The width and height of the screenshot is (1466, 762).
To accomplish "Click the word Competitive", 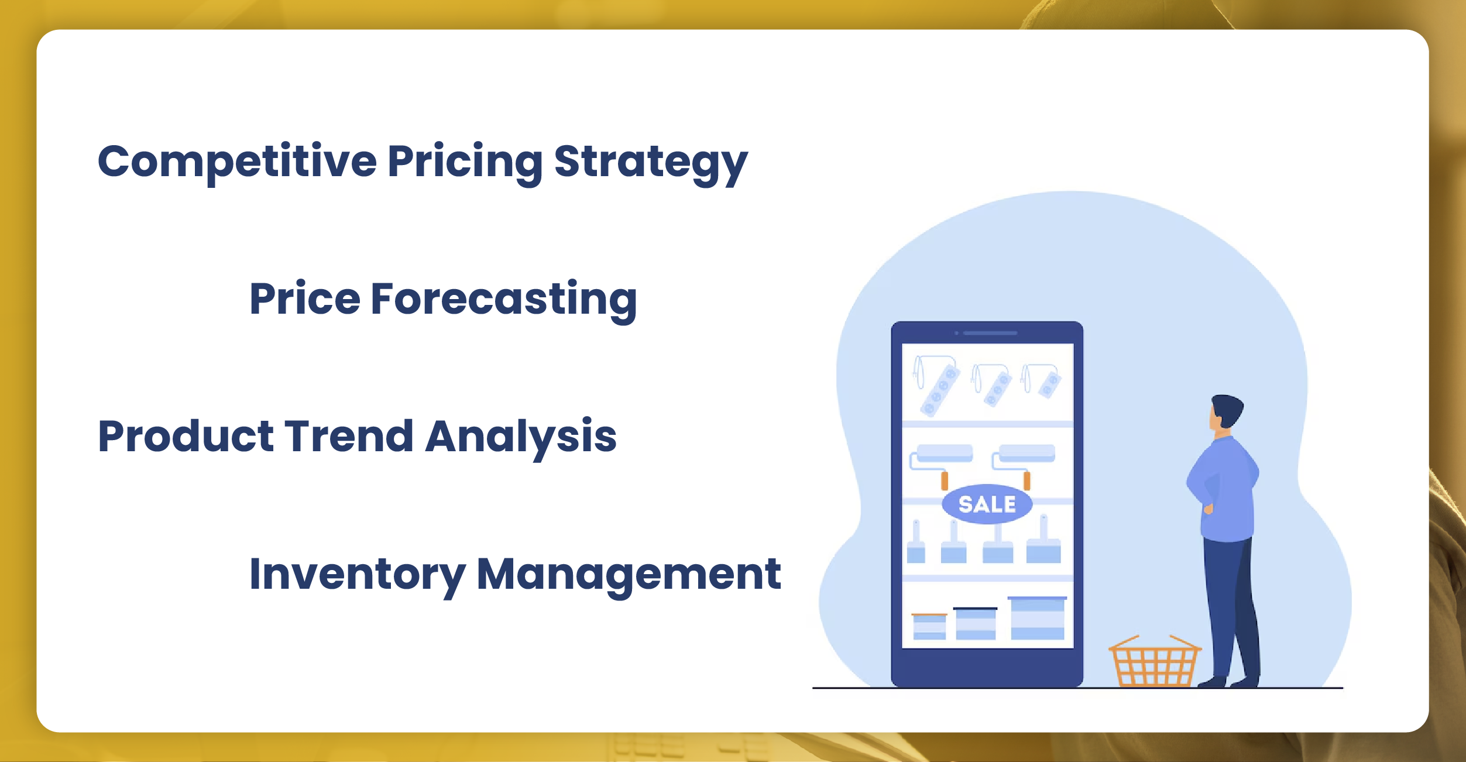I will coord(237,162).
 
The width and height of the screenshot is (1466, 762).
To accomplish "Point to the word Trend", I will coord(349,437).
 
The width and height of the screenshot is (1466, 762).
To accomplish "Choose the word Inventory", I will coord(357,575).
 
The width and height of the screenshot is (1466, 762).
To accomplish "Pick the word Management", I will coord(629,574).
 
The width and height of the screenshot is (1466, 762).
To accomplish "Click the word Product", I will coord(186,437).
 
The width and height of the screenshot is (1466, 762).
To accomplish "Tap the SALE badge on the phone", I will coord(987,504).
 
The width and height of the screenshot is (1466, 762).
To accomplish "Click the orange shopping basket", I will coord(1154,664).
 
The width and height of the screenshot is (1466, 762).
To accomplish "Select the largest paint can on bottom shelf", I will coord(1037,619).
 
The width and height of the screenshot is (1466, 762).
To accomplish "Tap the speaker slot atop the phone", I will coord(990,333).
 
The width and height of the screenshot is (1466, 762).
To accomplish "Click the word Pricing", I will coord(465,162).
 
